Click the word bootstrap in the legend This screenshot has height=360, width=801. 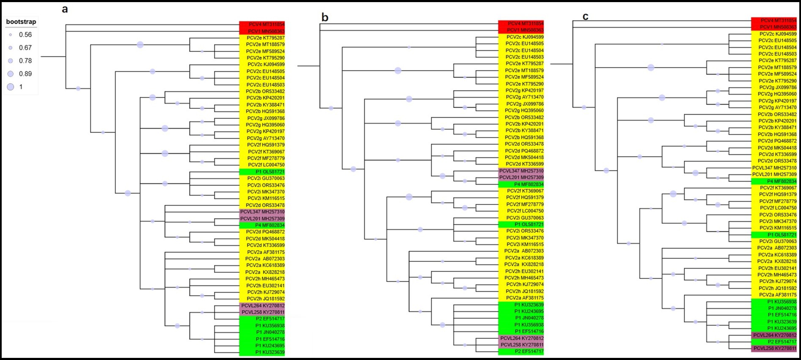[x=21, y=22]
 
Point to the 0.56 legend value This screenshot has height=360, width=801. [x=25, y=35]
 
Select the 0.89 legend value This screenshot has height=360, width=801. [x=25, y=74]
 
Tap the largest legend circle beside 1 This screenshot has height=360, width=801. [x=11, y=87]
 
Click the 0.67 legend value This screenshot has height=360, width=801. [x=25, y=48]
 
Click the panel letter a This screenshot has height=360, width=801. [x=65, y=9]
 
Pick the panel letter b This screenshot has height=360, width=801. [x=325, y=17]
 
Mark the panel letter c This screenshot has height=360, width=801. [x=586, y=16]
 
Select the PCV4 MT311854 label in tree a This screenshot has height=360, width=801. [x=266, y=25]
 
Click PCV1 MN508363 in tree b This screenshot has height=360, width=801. [x=525, y=30]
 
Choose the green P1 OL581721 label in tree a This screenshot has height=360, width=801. [x=270, y=172]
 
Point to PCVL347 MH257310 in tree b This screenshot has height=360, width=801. [x=521, y=171]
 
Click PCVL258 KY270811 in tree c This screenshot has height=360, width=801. [x=774, y=349]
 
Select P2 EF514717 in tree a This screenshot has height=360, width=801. [x=270, y=319]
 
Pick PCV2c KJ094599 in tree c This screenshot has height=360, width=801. [x=778, y=34]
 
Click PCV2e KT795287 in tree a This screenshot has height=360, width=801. [x=265, y=38]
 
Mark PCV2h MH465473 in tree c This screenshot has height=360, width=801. [x=776, y=275]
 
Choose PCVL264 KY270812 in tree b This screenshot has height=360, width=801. [x=522, y=338]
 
